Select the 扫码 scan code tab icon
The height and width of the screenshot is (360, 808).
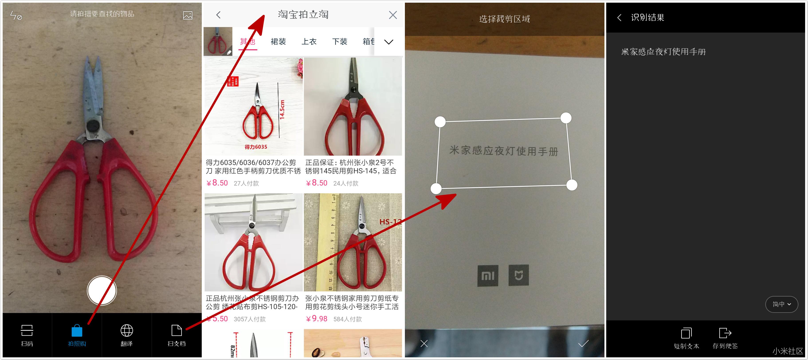(x=27, y=331)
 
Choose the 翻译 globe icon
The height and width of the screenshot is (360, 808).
(x=127, y=331)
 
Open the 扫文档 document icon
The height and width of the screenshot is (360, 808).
(x=177, y=331)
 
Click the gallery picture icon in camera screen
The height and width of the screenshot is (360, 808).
(x=188, y=15)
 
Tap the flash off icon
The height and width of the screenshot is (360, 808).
(x=16, y=15)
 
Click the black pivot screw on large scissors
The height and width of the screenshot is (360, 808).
(x=93, y=125)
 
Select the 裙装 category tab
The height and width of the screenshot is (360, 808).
(x=278, y=41)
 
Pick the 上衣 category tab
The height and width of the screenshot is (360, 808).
(x=309, y=41)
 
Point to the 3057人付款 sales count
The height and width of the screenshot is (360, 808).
(x=249, y=319)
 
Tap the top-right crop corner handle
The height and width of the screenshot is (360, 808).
(x=566, y=118)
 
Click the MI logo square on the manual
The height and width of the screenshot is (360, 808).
(x=488, y=276)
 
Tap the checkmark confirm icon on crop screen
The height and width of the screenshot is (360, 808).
(x=583, y=344)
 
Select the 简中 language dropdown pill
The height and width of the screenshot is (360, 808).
(x=781, y=304)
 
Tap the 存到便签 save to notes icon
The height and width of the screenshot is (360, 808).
(x=725, y=333)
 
